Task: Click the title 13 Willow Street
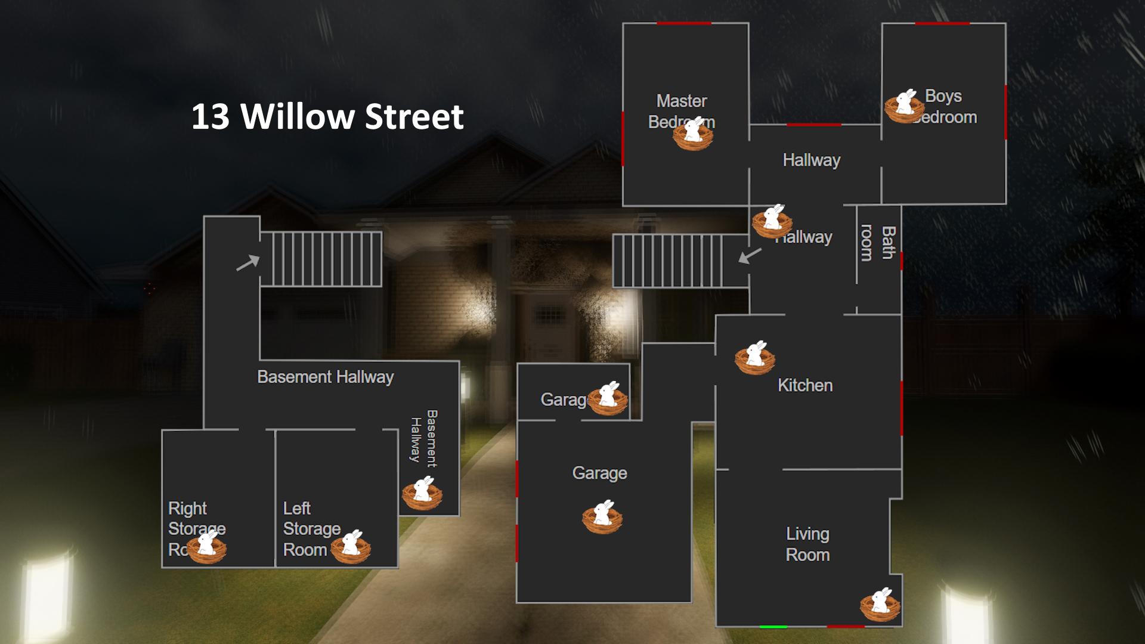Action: (327, 116)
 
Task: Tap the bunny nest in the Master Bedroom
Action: (693, 134)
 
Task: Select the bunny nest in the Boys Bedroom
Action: (904, 106)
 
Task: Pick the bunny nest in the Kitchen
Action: (754, 357)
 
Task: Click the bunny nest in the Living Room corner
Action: (880, 605)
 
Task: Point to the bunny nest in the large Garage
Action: (602, 516)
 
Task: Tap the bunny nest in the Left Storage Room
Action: (351, 546)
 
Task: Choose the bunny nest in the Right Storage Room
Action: (206, 546)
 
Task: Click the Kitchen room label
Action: (804, 385)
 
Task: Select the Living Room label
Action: (807, 544)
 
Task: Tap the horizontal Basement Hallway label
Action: (325, 377)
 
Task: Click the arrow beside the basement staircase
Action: (247, 262)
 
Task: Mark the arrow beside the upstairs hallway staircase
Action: (750, 255)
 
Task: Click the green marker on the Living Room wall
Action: (773, 627)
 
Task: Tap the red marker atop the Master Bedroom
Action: (683, 23)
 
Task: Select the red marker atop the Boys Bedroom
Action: (942, 23)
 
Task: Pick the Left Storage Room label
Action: (311, 528)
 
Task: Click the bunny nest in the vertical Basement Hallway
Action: (422, 493)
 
